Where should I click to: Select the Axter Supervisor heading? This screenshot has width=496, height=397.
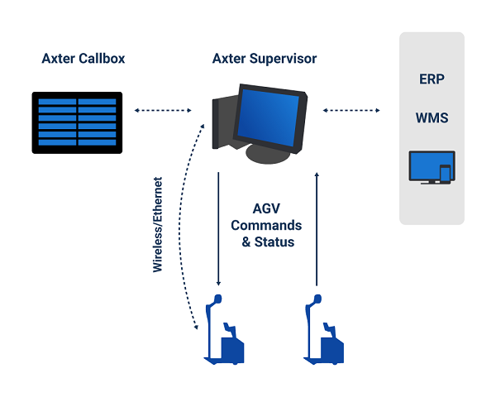[265, 59]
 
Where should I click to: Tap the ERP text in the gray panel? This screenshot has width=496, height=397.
[432, 79]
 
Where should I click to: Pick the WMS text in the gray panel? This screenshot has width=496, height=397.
[432, 117]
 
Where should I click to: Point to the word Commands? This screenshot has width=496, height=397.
[266, 225]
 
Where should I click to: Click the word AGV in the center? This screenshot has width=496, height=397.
[266, 208]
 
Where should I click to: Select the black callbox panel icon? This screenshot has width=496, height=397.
[78, 122]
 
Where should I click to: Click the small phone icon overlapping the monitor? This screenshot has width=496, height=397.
[445, 175]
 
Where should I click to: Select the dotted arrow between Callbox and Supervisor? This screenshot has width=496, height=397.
[160, 110]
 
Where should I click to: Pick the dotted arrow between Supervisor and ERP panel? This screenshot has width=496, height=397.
[352, 110]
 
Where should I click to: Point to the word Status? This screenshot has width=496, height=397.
[275, 242]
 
